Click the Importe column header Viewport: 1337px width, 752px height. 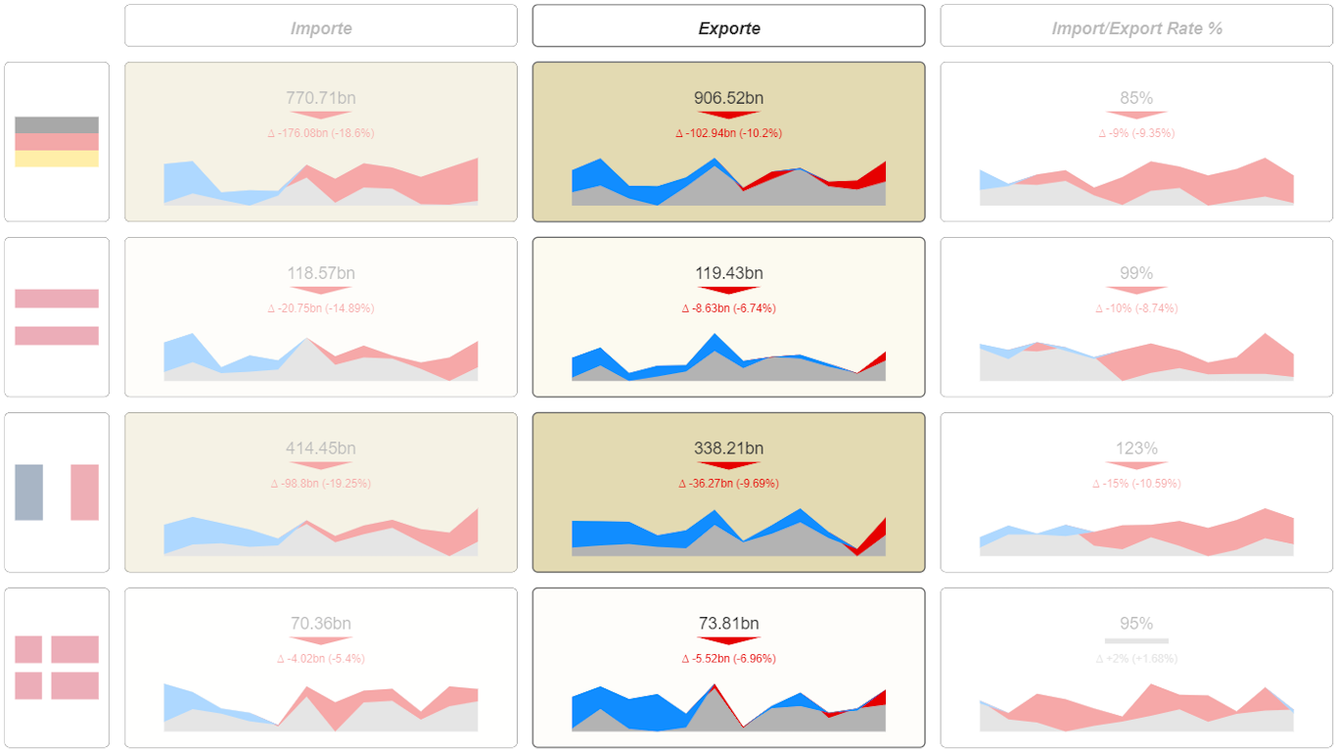(x=321, y=28)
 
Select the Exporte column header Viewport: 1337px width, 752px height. (x=728, y=28)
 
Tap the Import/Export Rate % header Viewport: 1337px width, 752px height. (x=1136, y=28)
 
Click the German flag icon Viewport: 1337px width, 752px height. (x=57, y=142)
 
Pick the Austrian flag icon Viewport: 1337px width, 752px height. (x=57, y=317)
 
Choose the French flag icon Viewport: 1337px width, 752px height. (x=57, y=492)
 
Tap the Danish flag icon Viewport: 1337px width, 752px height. (x=57, y=667)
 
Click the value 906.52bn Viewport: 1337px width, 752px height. (x=728, y=98)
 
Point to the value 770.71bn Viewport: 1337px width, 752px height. (x=321, y=98)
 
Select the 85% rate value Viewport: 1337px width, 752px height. (x=1136, y=98)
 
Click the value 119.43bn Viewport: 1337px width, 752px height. (x=728, y=273)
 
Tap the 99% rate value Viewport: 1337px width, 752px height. (x=1136, y=273)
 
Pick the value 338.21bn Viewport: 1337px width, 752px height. (x=728, y=448)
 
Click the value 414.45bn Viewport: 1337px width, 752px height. (x=321, y=448)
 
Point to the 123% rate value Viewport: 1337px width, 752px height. (x=1136, y=448)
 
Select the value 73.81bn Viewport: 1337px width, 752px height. (x=728, y=624)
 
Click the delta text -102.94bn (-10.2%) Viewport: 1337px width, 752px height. (x=728, y=133)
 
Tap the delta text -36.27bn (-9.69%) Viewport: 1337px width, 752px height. (x=728, y=484)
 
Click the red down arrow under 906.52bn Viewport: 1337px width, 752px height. (x=728, y=116)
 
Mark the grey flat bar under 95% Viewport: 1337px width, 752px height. (x=1136, y=641)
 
